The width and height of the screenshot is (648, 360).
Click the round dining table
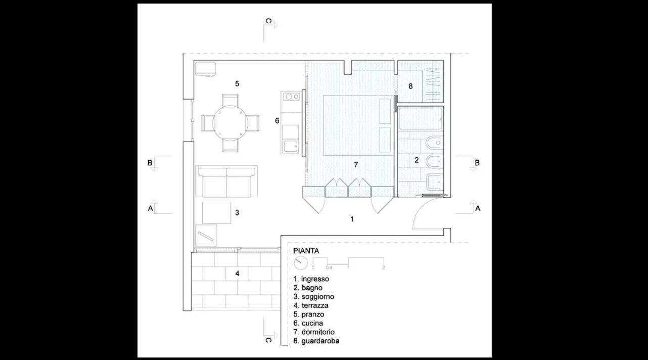[x=230, y=123]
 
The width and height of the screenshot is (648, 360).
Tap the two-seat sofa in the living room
[x=226, y=182]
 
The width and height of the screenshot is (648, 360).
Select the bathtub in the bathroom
[x=421, y=119]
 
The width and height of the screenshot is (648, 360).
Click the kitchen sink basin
[x=291, y=147]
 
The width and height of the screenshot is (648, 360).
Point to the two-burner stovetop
[x=291, y=97]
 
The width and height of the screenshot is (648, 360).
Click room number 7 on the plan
[x=356, y=165]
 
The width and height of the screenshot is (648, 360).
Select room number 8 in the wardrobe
[x=410, y=86]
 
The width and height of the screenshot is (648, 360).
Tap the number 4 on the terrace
[x=237, y=274]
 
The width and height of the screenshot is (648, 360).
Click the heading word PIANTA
[x=306, y=251]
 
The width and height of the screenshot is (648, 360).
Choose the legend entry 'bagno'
[x=312, y=288]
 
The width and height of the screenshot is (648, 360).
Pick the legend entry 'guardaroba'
[x=320, y=341]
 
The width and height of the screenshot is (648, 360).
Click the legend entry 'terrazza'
[x=315, y=305]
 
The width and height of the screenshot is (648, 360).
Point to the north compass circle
[x=301, y=262]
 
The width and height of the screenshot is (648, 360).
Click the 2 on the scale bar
[x=384, y=267]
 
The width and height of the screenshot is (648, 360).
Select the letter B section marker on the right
[x=477, y=163]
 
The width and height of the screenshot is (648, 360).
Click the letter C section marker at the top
[x=268, y=21]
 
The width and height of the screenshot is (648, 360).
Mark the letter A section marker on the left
[x=151, y=208]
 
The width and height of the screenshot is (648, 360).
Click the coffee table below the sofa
[x=217, y=213]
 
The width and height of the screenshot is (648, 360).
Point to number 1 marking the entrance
[x=352, y=219]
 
